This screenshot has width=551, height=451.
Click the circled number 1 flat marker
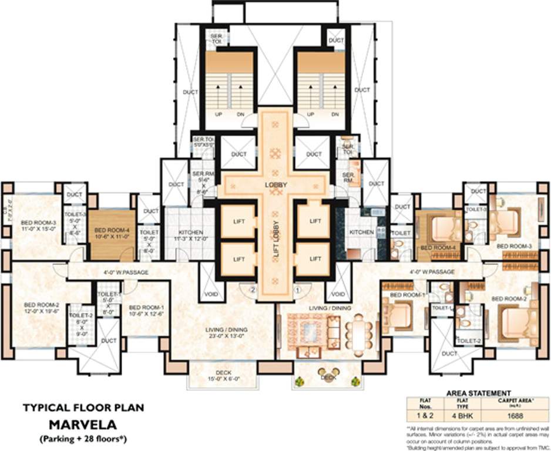(x=298, y=289)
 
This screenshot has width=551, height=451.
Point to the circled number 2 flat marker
(x=253, y=289)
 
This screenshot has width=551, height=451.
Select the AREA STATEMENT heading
(x=479, y=393)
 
